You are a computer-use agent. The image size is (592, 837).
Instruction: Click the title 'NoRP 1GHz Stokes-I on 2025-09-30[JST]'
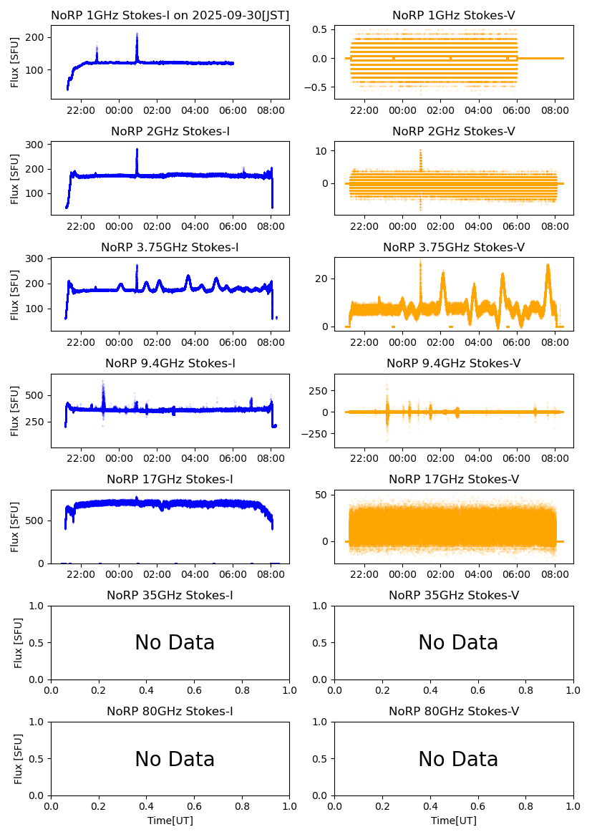(x=170, y=15)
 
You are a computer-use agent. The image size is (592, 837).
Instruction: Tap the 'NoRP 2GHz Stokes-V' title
(x=454, y=131)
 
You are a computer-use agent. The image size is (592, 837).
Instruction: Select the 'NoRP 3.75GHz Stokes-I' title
(x=170, y=247)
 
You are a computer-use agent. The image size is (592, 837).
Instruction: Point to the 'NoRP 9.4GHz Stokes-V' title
(x=454, y=363)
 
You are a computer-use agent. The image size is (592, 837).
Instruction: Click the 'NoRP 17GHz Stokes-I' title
(x=170, y=479)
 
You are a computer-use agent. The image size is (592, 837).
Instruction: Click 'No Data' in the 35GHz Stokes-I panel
(x=175, y=643)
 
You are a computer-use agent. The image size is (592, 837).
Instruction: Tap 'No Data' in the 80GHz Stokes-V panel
(x=458, y=759)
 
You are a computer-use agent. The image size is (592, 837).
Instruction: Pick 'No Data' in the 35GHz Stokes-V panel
(x=458, y=643)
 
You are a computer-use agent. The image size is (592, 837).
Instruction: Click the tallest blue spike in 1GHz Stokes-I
(x=137, y=34)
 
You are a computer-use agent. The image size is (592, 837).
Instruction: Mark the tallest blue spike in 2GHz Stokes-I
(x=137, y=150)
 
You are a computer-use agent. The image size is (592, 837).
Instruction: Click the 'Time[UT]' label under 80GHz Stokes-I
(x=170, y=821)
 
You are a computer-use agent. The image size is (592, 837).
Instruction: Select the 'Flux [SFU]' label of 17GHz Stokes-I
(x=15, y=527)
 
